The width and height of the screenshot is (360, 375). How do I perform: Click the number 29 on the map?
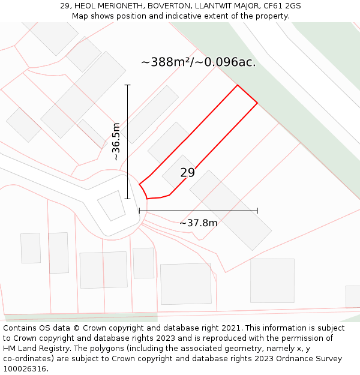click(x=187, y=173)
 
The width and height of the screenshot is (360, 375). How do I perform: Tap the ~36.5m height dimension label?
click(x=116, y=142)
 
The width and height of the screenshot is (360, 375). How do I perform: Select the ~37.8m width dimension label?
click(x=198, y=223)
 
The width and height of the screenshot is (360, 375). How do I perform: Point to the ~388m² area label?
click(x=199, y=62)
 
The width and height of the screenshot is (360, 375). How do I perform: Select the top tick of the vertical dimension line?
click(x=127, y=85)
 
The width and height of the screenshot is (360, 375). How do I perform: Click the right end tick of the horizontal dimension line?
click(x=257, y=211)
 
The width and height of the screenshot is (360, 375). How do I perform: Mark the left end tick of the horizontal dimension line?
click(x=139, y=211)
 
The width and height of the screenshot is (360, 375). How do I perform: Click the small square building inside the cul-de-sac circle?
click(x=111, y=205)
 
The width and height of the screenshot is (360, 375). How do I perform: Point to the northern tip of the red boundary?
click(x=238, y=85)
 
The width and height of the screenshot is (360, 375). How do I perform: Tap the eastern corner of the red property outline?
click(x=257, y=103)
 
